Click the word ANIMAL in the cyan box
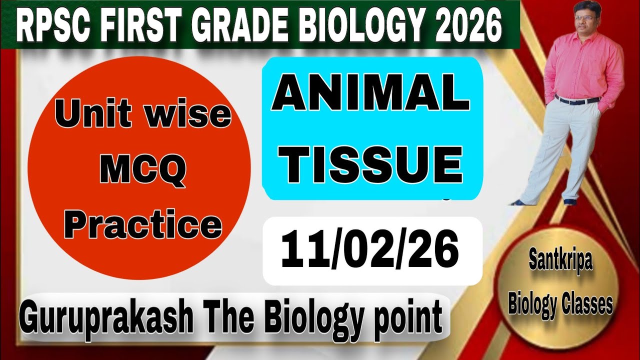(371, 96)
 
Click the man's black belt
(578, 100)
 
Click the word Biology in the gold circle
(532, 304)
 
